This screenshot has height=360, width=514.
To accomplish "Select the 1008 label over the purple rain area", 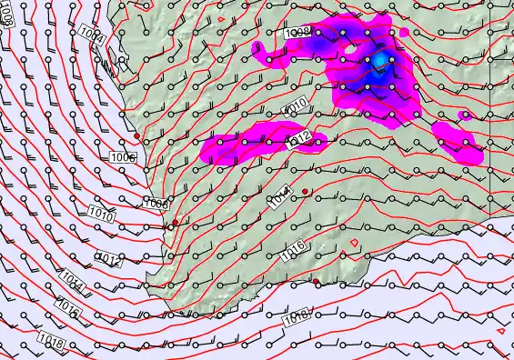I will point(297,34).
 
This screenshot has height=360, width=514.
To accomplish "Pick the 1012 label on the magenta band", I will point(301,138).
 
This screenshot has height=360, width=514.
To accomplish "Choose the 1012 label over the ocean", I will point(108,262).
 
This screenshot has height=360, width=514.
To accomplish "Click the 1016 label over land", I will point(293,251).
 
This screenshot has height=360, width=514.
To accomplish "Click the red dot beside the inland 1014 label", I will point(306,191).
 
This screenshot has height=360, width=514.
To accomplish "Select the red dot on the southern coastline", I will point(317,282).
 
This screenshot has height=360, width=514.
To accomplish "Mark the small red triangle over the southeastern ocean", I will point(500,331).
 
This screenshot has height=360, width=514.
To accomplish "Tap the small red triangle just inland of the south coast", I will point(354,242).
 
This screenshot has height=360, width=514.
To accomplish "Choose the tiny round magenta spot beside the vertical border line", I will point(466,115).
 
